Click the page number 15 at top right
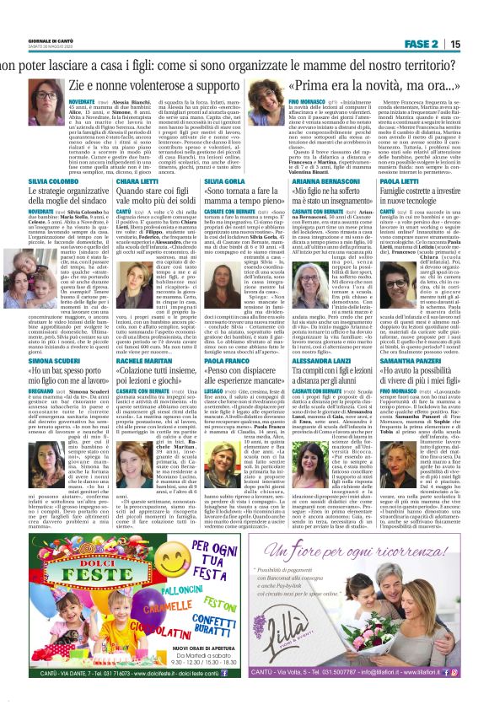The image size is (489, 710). (477, 44)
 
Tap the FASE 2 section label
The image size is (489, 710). (433, 44)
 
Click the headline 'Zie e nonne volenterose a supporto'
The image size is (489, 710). (137, 85)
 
